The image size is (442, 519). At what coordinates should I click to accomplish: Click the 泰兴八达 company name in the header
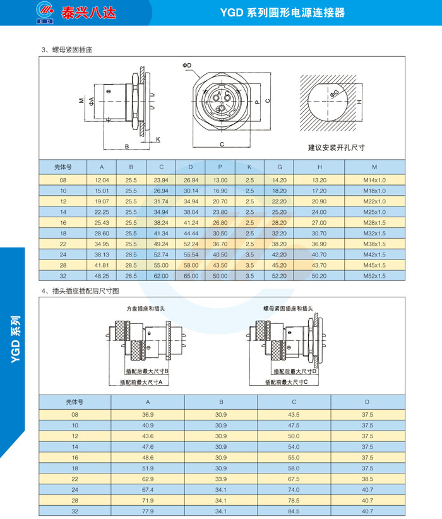88,12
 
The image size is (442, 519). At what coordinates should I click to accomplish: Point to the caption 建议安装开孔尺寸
337,147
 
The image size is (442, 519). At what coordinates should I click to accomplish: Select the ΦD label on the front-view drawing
187,66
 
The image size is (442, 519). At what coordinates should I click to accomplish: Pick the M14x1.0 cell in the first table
374,180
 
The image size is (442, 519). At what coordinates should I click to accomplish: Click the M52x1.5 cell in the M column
374,275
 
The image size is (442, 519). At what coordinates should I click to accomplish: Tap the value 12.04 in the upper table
102,180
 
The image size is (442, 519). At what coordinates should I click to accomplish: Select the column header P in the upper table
220,167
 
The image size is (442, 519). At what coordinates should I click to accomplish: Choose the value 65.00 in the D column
191,275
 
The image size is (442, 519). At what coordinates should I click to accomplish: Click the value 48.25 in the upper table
102,275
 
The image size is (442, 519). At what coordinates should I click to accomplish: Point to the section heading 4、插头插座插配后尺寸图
80,291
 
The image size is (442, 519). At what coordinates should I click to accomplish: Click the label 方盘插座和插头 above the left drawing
145,309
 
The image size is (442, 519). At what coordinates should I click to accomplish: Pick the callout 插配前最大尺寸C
286,382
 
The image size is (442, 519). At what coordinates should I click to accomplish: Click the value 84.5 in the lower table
294,511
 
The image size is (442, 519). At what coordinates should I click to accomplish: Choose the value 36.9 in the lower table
148,414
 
